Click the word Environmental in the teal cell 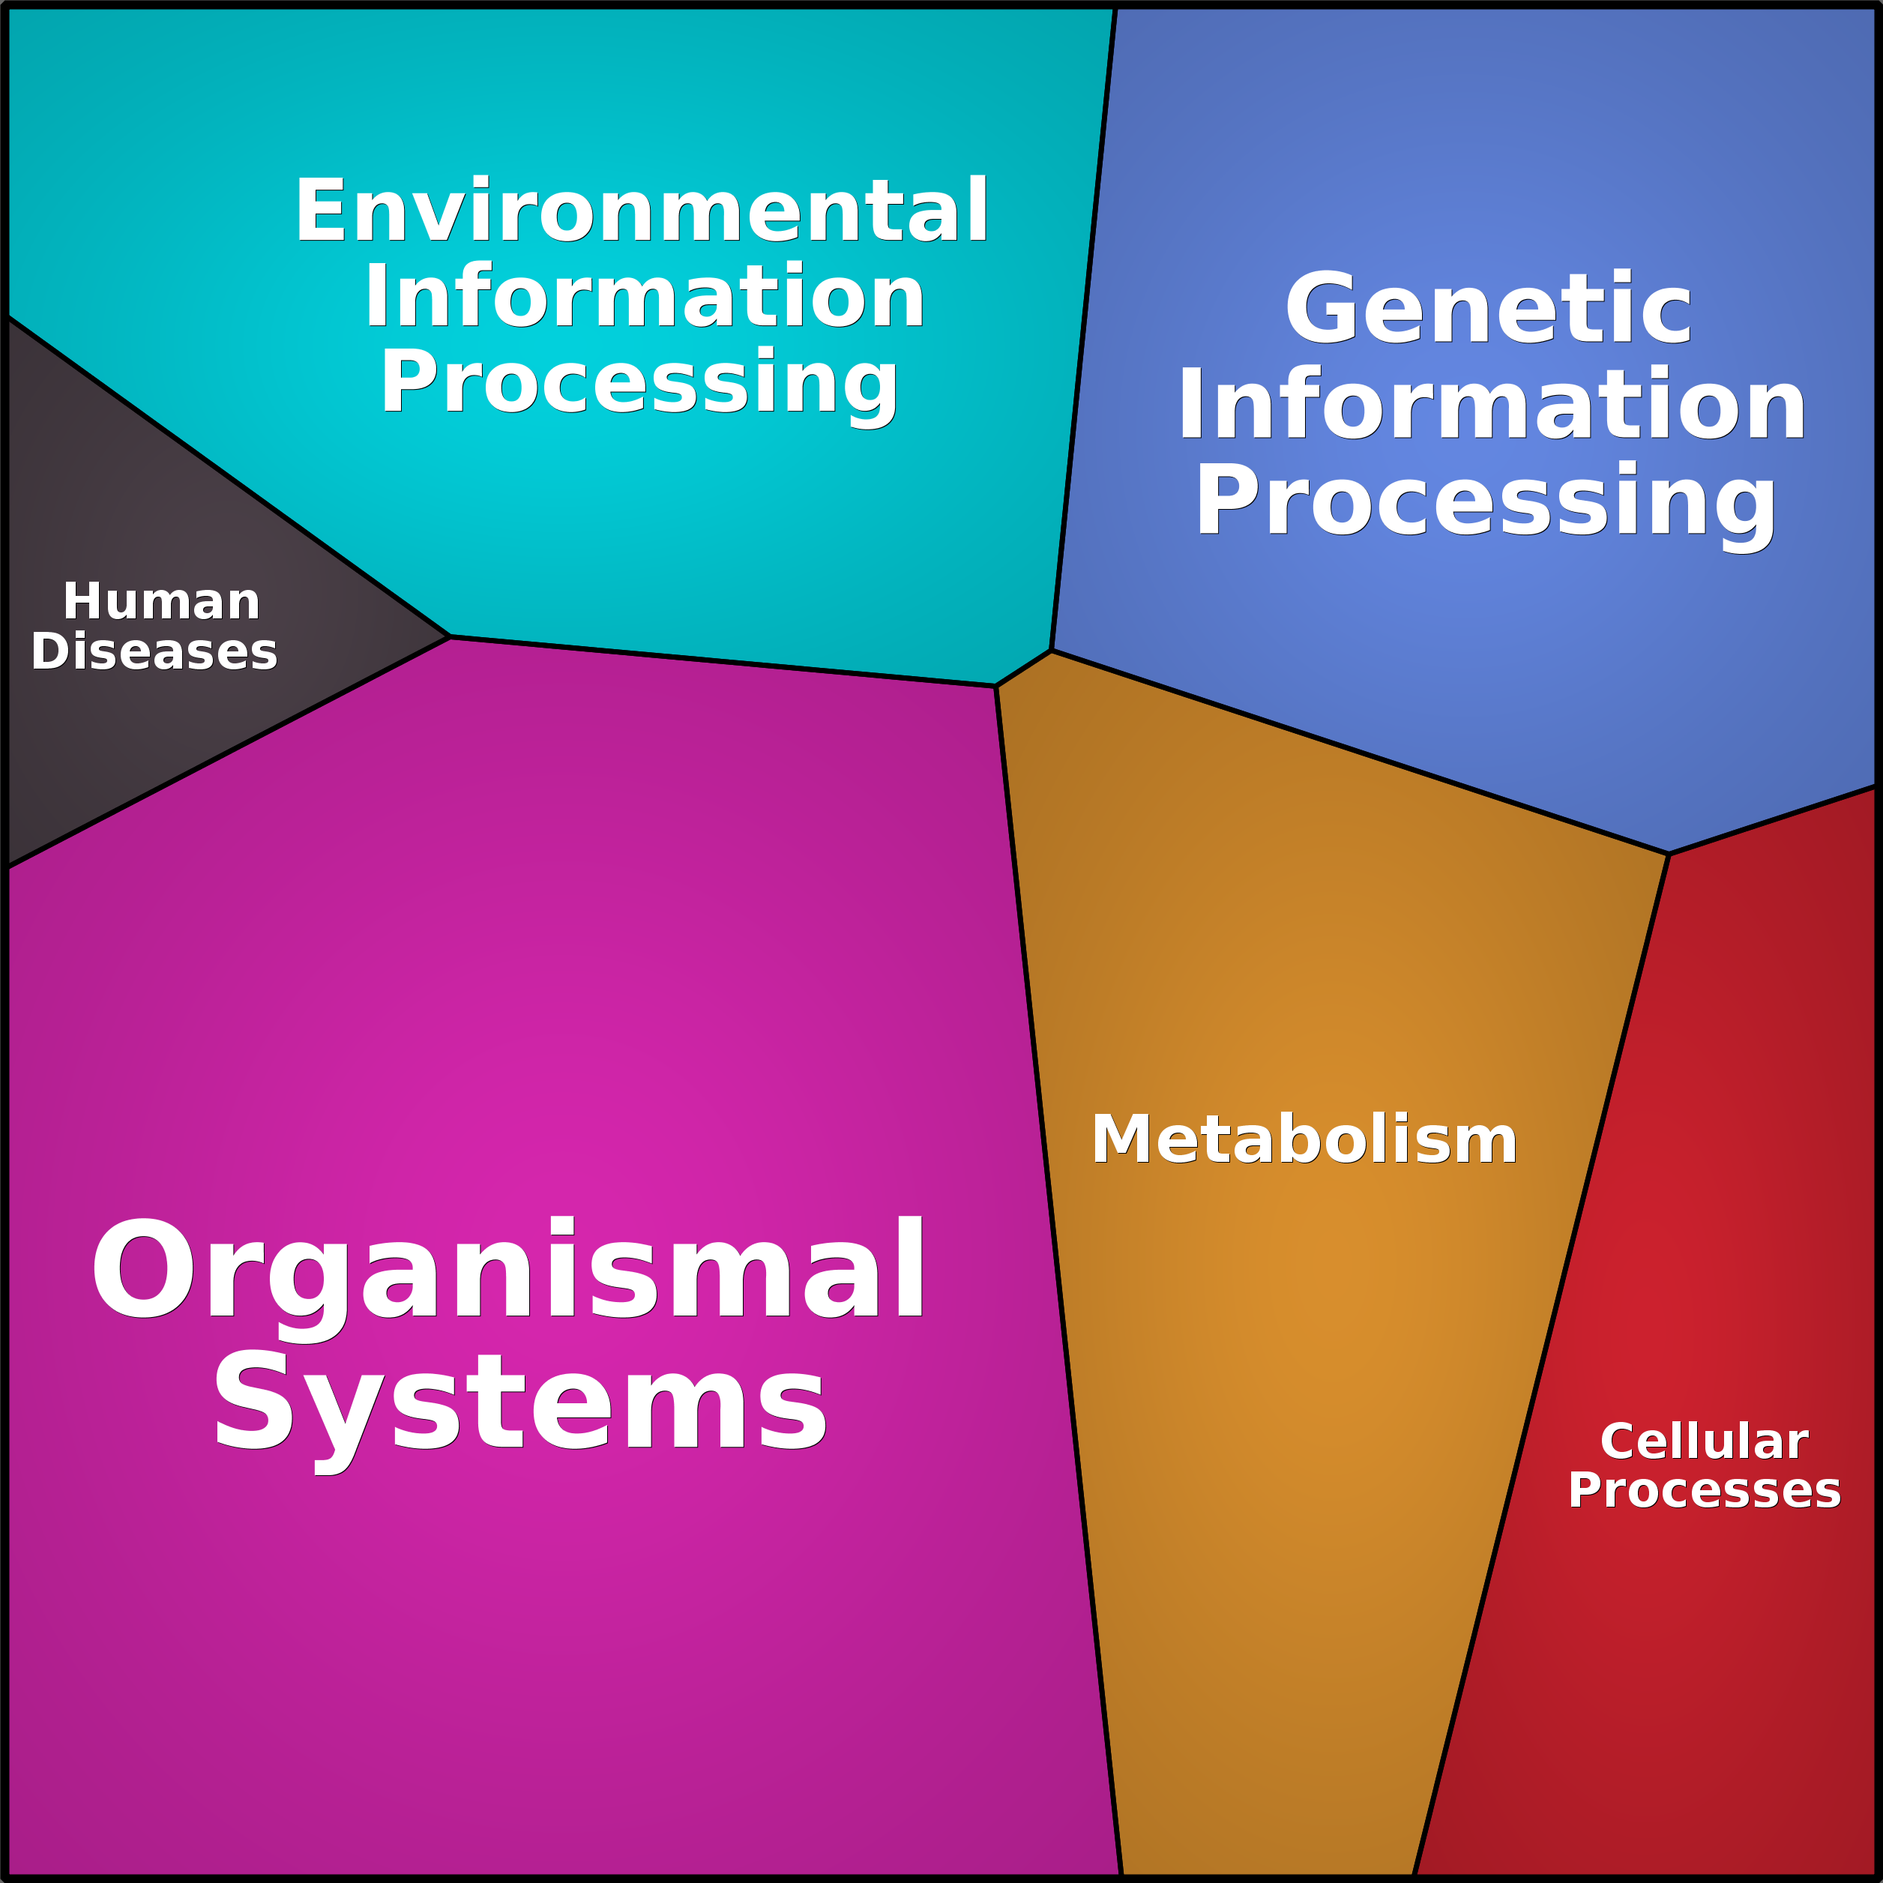pyautogui.click(x=642, y=211)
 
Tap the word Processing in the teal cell pyautogui.click(x=639, y=383)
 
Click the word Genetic pyautogui.click(x=1488, y=310)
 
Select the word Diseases pyautogui.click(x=154, y=652)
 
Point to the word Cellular pyautogui.click(x=1704, y=1441)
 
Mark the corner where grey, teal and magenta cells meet pyautogui.click(x=449, y=636)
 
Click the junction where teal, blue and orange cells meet pyautogui.click(x=1051, y=650)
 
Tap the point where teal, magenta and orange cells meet pyautogui.click(x=995, y=686)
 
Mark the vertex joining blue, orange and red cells pyautogui.click(x=1669, y=854)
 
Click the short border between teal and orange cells pyautogui.click(x=1023, y=668)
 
